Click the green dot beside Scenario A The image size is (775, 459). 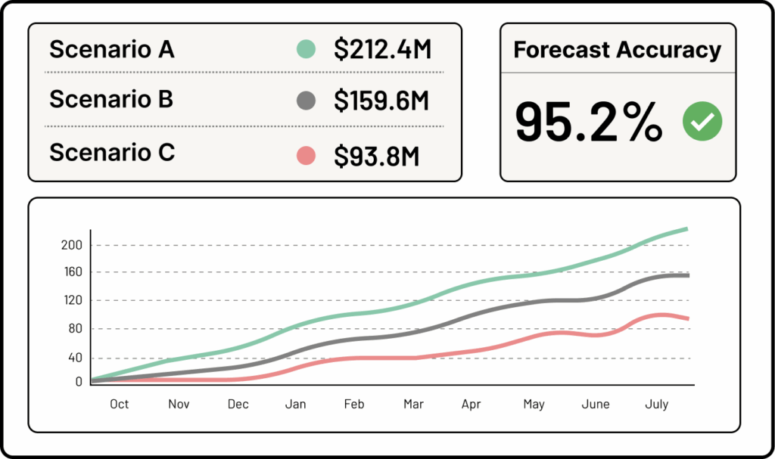click(x=305, y=50)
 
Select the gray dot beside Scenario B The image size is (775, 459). click(x=305, y=100)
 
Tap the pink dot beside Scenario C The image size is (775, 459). click(x=305, y=156)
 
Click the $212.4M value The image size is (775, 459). click(x=382, y=50)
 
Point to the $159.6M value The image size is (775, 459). click(x=381, y=101)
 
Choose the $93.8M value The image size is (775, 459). click(x=376, y=156)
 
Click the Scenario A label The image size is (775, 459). click(x=112, y=50)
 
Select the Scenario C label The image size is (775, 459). click(x=112, y=153)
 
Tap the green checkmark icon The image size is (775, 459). click(x=702, y=121)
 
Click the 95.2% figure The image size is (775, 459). click(x=589, y=122)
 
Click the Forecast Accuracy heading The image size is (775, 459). click(x=617, y=50)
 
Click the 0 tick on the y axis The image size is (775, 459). click(x=79, y=382)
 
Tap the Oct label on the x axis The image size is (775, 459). click(x=119, y=405)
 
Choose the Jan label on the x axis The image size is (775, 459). click(x=295, y=405)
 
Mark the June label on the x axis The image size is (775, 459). click(x=596, y=405)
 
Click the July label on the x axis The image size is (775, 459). click(x=656, y=405)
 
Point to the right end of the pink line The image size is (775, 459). click(x=687, y=318)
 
